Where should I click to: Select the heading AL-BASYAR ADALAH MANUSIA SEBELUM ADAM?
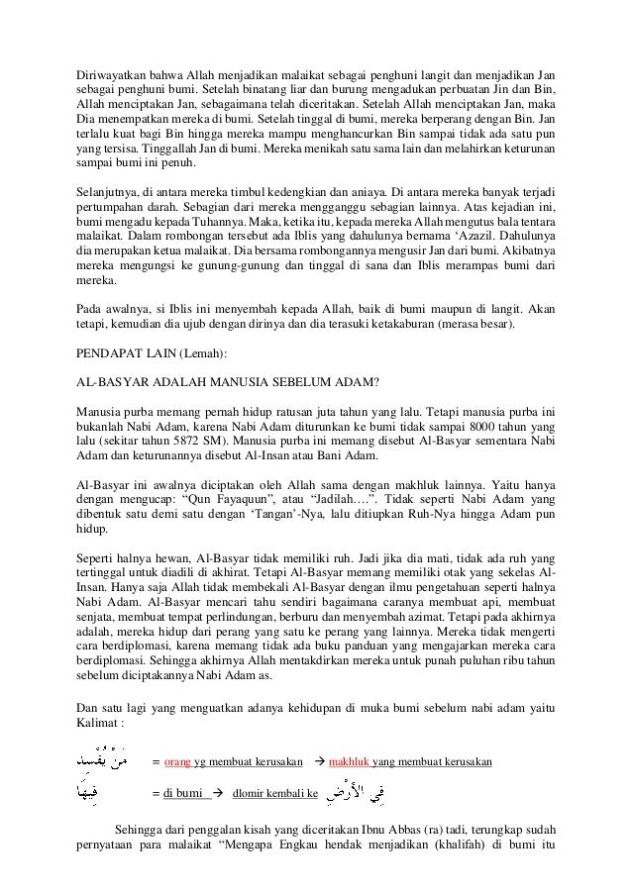229,379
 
